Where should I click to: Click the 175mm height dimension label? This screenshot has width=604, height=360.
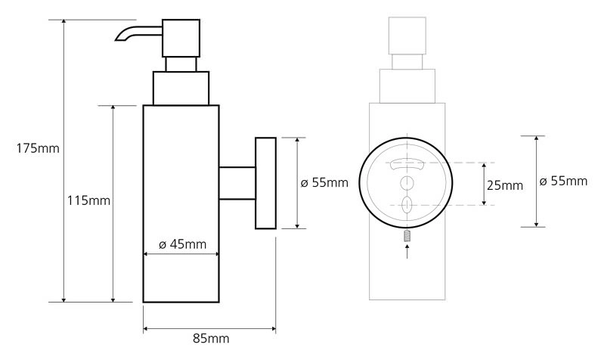click(38, 148)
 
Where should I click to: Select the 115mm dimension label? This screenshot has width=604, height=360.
click(88, 200)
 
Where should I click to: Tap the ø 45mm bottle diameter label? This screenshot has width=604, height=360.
click(183, 244)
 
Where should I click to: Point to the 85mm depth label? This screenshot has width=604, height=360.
click(211, 338)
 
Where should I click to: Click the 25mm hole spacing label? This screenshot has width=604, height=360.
click(505, 185)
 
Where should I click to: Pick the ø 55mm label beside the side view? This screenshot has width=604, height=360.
click(324, 182)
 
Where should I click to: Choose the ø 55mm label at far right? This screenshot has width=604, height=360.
click(563, 181)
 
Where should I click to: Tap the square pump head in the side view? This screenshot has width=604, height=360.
click(181, 38)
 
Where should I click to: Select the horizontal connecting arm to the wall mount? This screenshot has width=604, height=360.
click(237, 183)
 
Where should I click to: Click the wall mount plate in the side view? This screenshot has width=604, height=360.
click(265, 183)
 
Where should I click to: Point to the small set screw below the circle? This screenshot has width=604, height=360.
click(407, 235)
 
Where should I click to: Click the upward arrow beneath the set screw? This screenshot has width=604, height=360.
click(407, 251)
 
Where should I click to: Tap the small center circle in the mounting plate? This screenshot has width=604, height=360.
click(407, 183)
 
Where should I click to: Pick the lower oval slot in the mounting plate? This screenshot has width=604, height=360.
click(407, 205)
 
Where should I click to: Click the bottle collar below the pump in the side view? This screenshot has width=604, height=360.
click(181, 88)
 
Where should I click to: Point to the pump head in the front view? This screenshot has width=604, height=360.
click(407, 36)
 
